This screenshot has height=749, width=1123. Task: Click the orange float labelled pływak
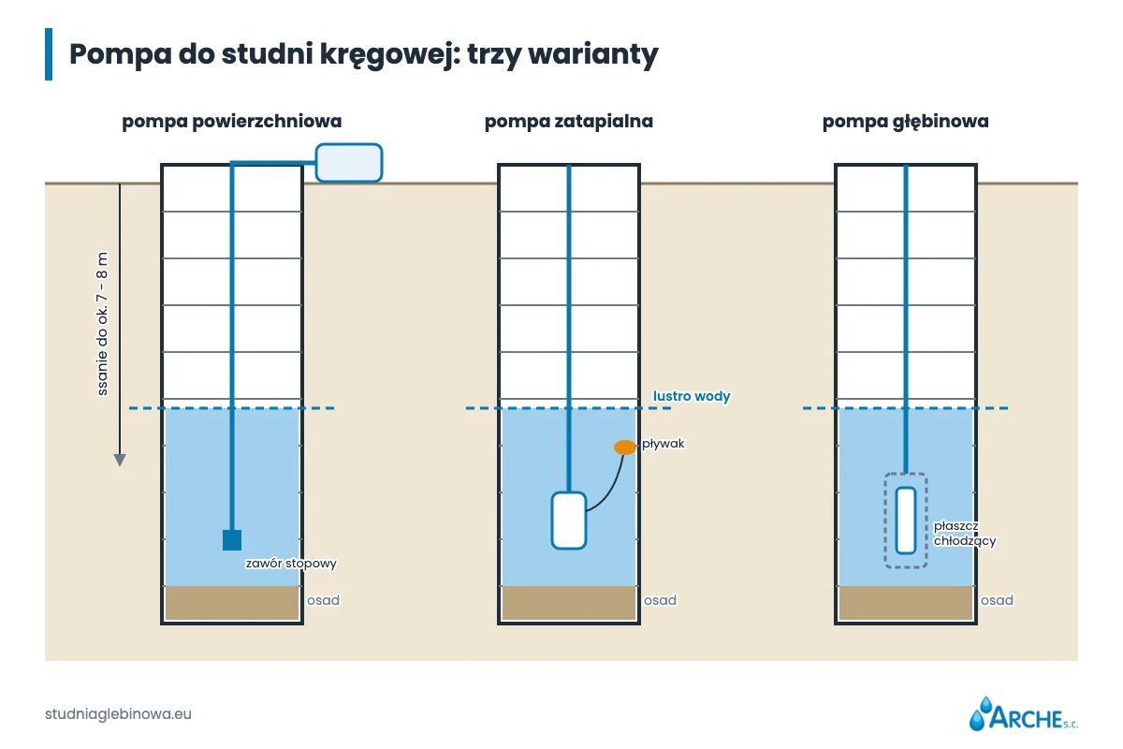click(x=625, y=447)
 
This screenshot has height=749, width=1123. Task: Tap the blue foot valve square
click(x=232, y=540)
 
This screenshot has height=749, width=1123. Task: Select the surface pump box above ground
click(x=349, y=163)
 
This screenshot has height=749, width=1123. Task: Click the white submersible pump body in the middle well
click(x=569, y=521)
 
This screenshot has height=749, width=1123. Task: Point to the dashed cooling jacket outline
click(x=885, y=521)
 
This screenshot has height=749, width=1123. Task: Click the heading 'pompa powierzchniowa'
click(x=232, y=122)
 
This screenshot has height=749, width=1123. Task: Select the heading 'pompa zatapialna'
click(x=569, y=122)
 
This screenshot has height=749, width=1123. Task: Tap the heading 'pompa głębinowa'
click(x=906, y=122)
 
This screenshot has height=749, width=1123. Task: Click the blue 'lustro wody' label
click(x=692, y=396)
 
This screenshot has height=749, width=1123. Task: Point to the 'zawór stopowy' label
click(x=291, y=564)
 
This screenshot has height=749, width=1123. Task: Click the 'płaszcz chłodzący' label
click(x=965, y=534)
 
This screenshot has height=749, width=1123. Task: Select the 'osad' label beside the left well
click(x=324, y=600)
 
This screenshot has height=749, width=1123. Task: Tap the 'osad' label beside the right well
click(x=998, y=600)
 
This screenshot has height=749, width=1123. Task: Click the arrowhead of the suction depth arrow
click(x=120, y=460)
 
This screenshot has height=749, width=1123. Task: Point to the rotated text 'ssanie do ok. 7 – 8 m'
click(x=102, y=324)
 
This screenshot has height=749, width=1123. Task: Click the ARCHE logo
click(x=1023, y=713)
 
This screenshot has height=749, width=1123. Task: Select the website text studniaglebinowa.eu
click(x=118, y=713)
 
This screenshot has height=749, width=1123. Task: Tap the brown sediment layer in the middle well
click(x=569, y=603)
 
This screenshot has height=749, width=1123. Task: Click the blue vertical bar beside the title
click(x=49, y=54)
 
